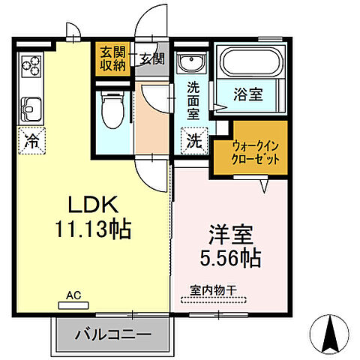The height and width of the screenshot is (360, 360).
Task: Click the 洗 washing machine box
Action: pyautogui.click(x=193, y=139)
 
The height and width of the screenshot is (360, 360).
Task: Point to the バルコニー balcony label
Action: pyautogui.click(x=112, y=333)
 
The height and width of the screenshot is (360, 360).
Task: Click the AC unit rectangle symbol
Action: pyautogui.click(x=73, y=304)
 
